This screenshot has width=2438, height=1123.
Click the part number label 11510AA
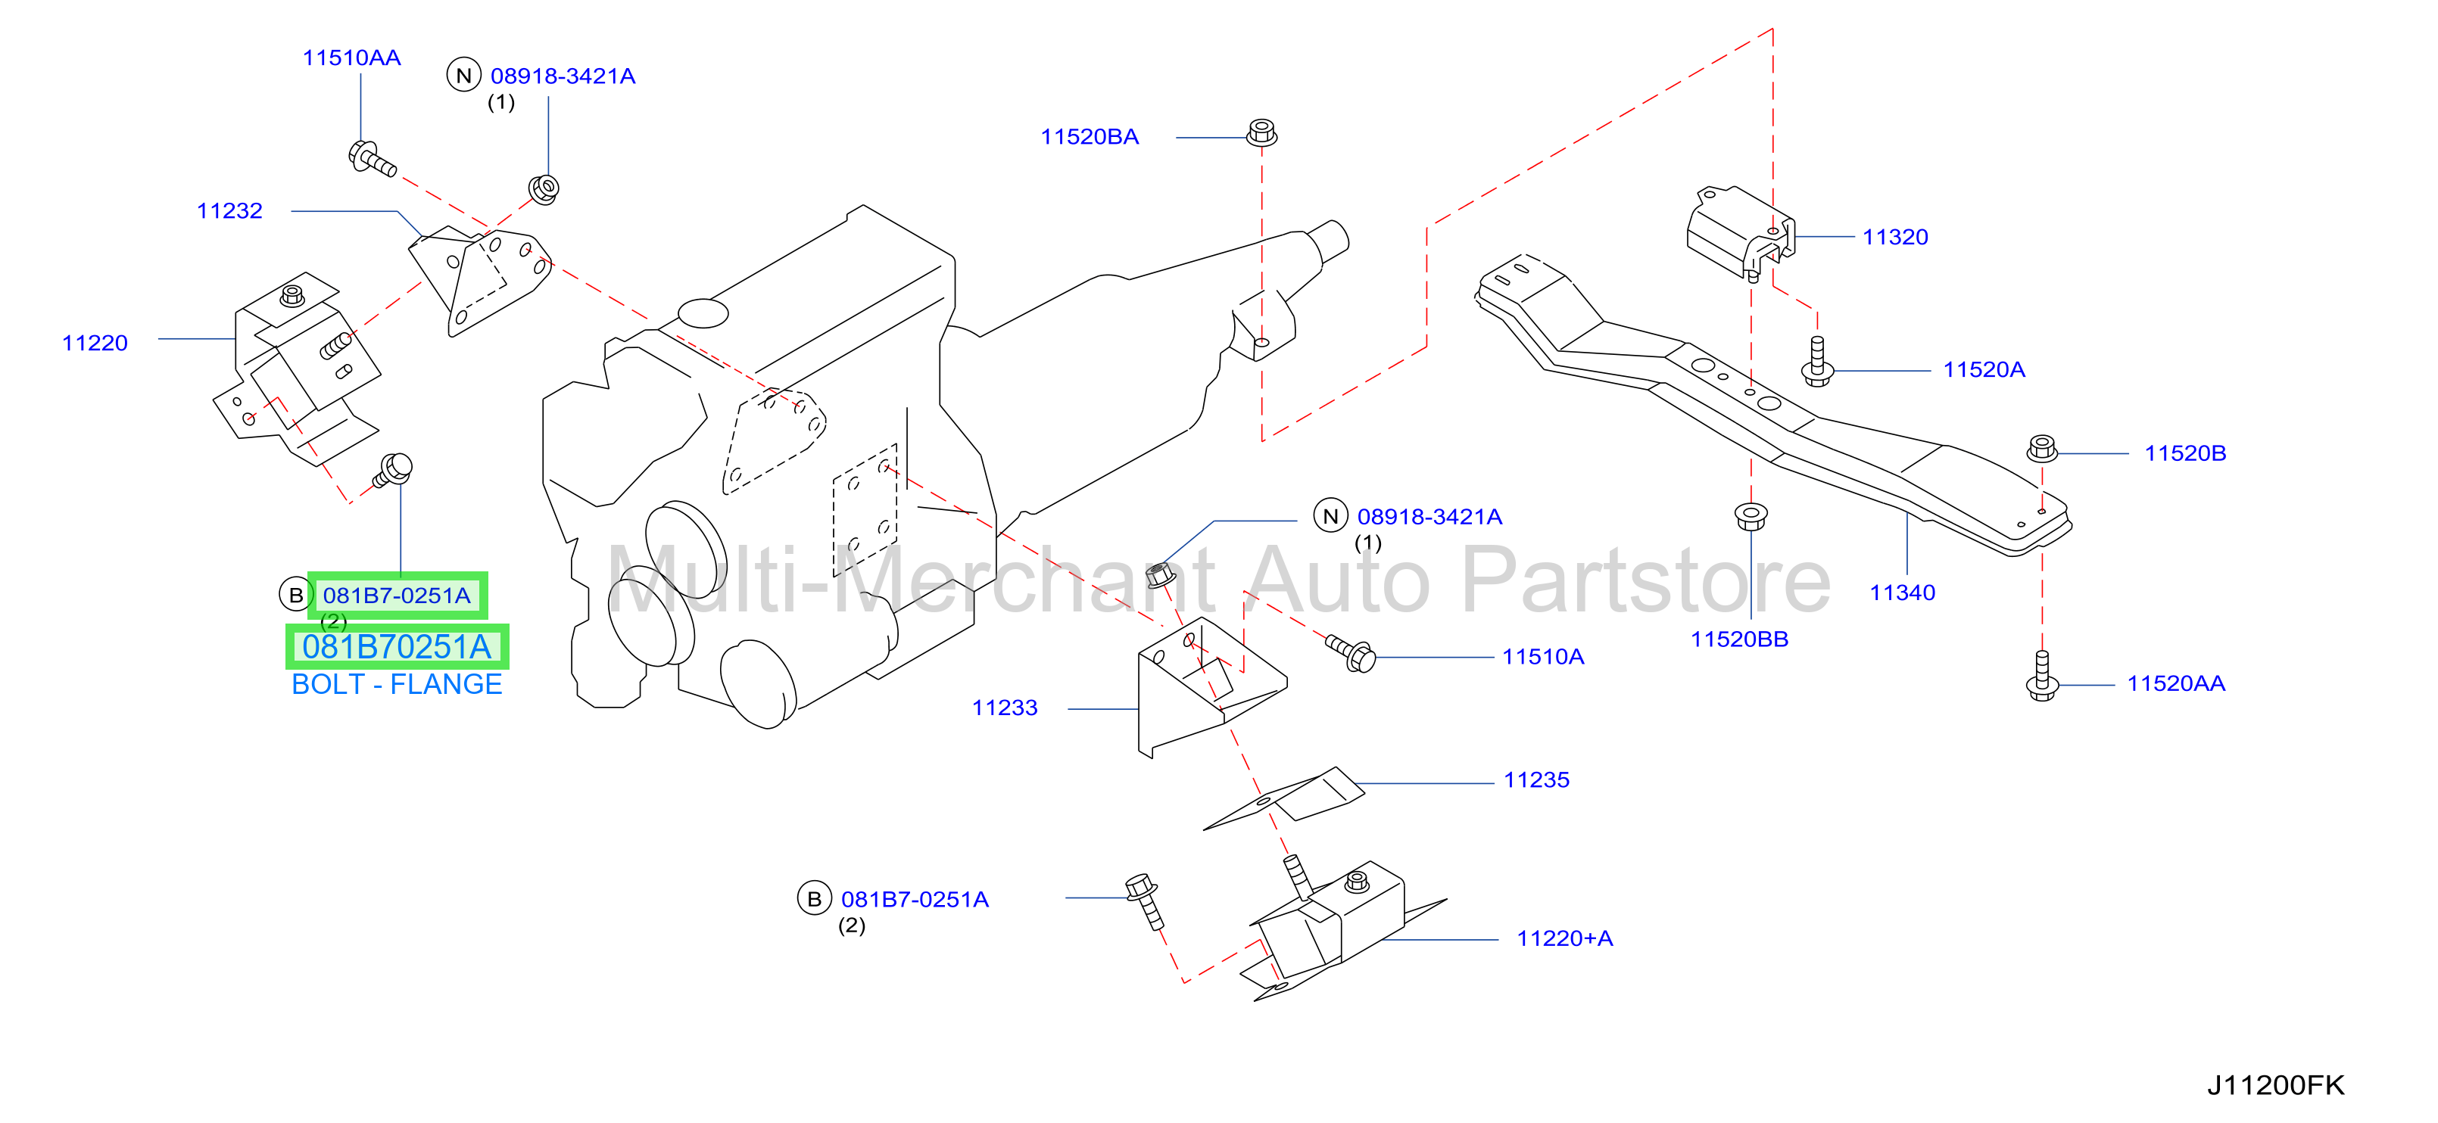coord(351,58)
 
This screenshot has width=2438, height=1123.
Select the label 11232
coord(230,211)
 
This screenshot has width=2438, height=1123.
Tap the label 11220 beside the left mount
coord(95,344)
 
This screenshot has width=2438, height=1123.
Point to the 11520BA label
coord(1090,137)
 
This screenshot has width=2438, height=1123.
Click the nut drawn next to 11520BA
coord(1261,132)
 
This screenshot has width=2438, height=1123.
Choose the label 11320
coord(1894,238)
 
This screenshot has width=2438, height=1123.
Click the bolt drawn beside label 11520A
coord(1817,362)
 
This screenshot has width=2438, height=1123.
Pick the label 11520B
coord(2184,453)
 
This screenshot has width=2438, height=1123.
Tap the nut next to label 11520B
coord(2043,449)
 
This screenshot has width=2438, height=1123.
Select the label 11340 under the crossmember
coord(1902,593)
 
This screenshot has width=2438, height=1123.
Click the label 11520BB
coord(1740,639)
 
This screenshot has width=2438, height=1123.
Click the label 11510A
coord(1543,657)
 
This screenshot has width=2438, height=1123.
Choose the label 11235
coord(1536,780)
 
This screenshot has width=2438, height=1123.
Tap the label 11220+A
coord(1564,938)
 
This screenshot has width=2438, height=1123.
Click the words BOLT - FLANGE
coord(397,684)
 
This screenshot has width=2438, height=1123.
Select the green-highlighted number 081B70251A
coord(397,647)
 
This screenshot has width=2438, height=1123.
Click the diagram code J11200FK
coord(2275,1085)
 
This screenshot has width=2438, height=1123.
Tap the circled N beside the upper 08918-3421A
coord(463,76)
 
